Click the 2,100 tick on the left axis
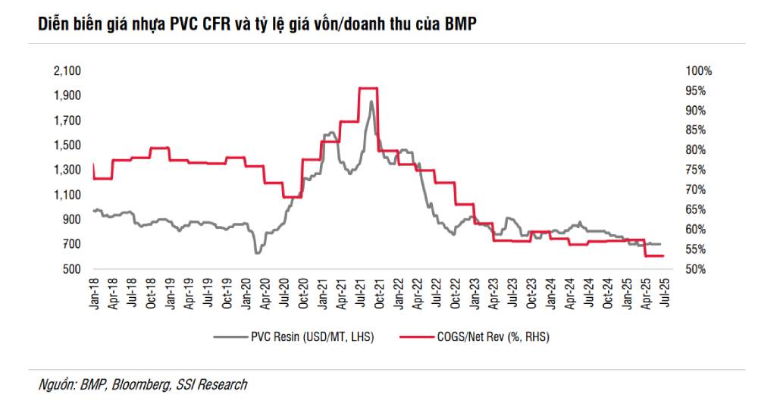click(67, 70)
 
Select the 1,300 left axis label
click(67, 170)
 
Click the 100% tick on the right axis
click(698, 70)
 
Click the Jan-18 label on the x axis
click(93, 291)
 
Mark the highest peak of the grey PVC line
click(371, 102)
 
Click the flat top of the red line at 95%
click(367, 88)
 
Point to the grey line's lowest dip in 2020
click(257, 252)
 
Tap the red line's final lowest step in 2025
click(654, 256)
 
